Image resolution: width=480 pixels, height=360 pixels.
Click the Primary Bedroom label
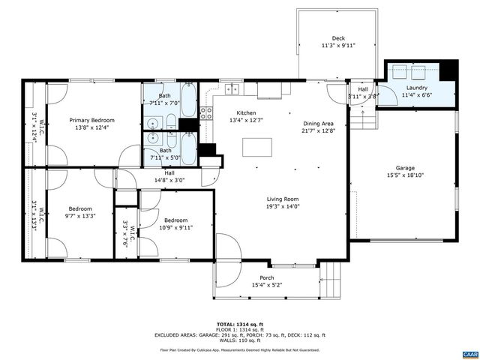click(92, 120)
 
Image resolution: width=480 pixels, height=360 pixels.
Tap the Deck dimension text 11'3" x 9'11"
click(338, 46)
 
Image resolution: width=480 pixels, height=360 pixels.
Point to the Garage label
click(405, 168)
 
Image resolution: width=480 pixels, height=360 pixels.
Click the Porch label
click(267, 277)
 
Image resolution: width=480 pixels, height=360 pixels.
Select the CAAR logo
click(469, 352)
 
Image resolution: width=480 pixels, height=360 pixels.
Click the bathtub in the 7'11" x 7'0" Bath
click(188, 98)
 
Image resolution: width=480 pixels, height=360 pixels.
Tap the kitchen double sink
click(232, 88)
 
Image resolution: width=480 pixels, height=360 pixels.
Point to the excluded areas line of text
click(240, 334)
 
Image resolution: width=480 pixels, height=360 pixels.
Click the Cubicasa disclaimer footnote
click(240, 349)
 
